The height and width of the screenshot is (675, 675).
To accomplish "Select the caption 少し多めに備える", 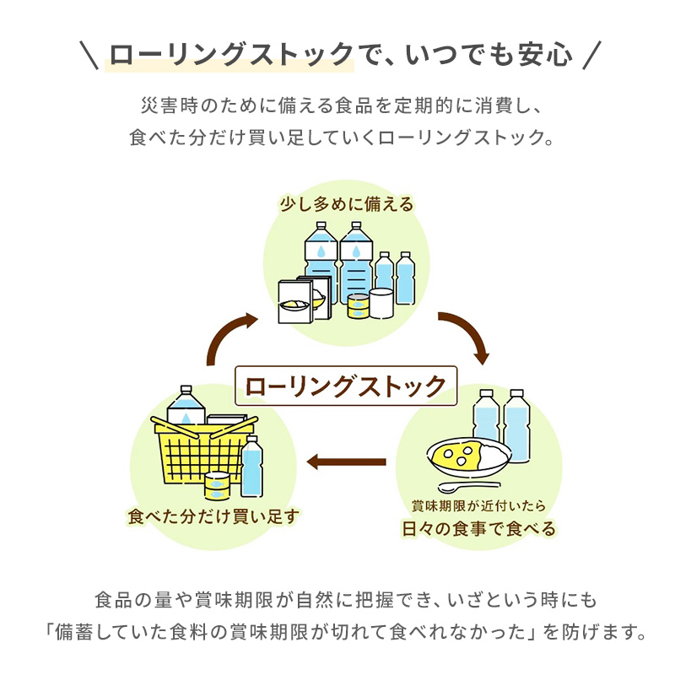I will [x=347, y=205].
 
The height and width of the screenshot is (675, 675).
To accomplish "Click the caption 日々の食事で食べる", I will [x=478, y=529].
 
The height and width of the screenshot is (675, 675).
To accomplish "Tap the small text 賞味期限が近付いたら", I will [x=478, y=506].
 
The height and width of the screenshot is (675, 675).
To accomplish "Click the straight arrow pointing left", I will [x=346, y=462].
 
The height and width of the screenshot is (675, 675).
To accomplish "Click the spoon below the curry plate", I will [x=468, y=488].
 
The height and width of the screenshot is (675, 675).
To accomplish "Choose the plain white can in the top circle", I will [x=382, y=302].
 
